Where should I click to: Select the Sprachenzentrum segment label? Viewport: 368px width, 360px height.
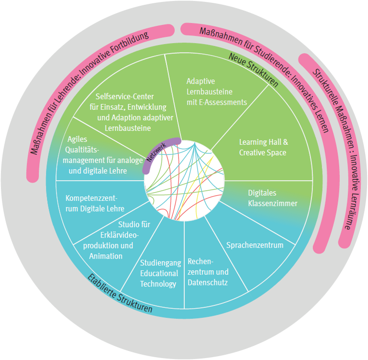click(254, 245)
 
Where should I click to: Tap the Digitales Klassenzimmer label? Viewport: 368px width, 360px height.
click(272, 198)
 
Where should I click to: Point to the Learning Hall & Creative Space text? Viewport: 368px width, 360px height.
click(263, 147)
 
